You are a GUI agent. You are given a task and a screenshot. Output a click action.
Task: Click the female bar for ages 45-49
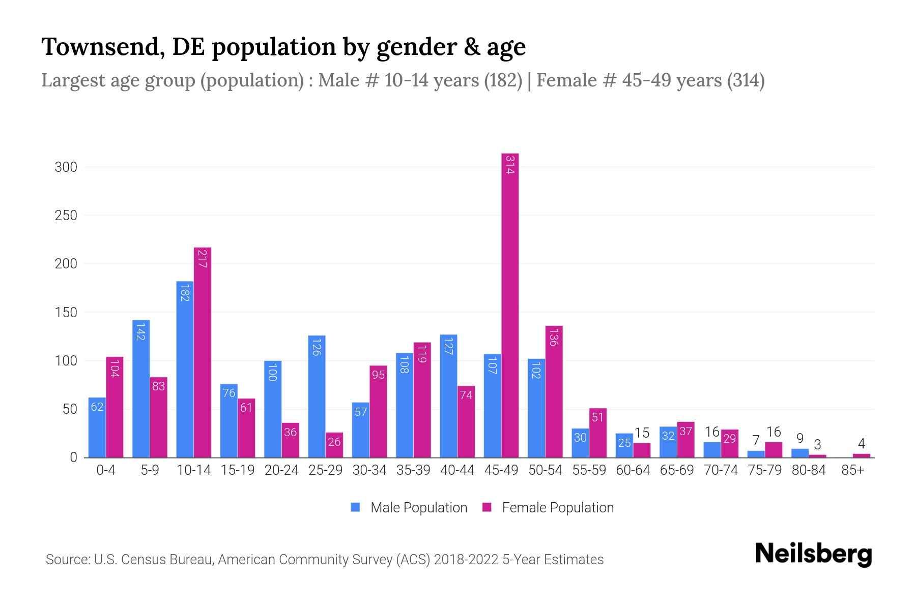(510, 305)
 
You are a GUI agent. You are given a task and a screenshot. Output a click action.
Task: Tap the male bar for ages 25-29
(317, 396)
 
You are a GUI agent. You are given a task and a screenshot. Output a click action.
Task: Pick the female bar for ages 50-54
(554, 391)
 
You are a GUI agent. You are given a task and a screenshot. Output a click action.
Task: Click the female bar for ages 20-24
(290, 440)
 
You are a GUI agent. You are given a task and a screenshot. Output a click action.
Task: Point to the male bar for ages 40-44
(448, 396)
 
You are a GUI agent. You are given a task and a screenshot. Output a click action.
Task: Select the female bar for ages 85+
(861, 455)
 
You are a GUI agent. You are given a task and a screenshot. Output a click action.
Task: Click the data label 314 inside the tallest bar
(510, 165)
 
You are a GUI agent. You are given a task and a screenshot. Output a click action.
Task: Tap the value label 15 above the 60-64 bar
(642, 433)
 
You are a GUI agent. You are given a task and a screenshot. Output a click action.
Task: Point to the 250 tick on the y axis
(66, 216)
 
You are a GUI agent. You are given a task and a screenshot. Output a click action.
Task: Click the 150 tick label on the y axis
(66, 313)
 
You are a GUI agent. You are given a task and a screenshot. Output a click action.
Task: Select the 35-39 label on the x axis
(413, 470)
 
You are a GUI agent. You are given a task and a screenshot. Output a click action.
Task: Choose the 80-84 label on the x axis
(809, 470)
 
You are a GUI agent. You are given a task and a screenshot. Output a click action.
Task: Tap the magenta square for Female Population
(487, 507)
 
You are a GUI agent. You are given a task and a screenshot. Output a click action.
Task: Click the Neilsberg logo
(813, 554)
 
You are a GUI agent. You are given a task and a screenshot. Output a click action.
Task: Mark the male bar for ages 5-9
(141, 389)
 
